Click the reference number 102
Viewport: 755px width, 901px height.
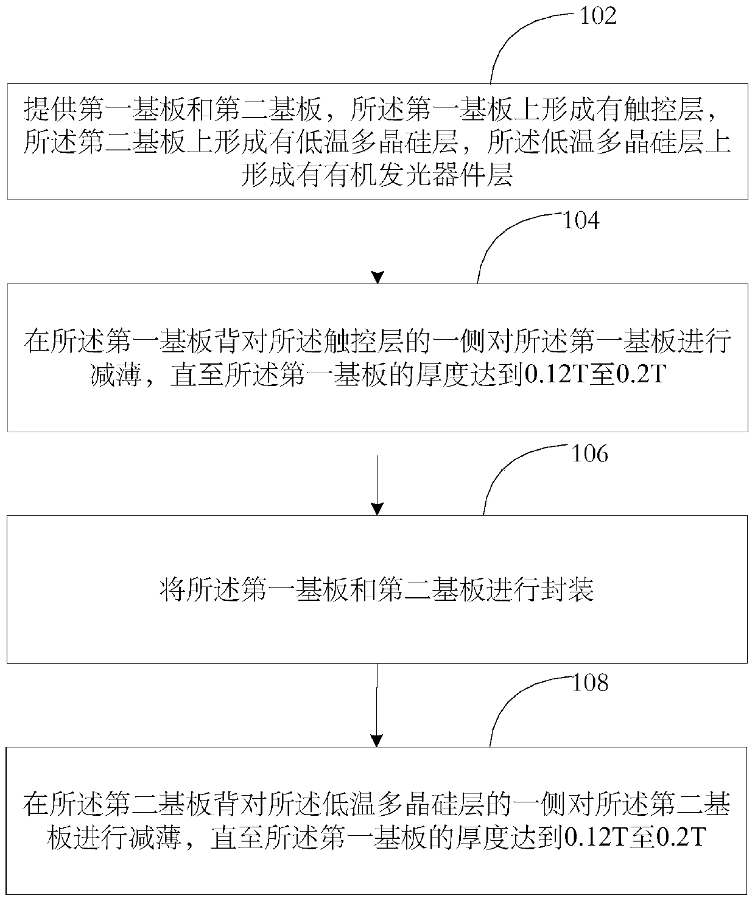click(597, 16)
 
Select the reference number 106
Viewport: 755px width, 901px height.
click(589, 454)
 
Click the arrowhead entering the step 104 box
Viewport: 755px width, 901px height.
click(378, 278)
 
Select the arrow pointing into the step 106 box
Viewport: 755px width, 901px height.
click(377, 487)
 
